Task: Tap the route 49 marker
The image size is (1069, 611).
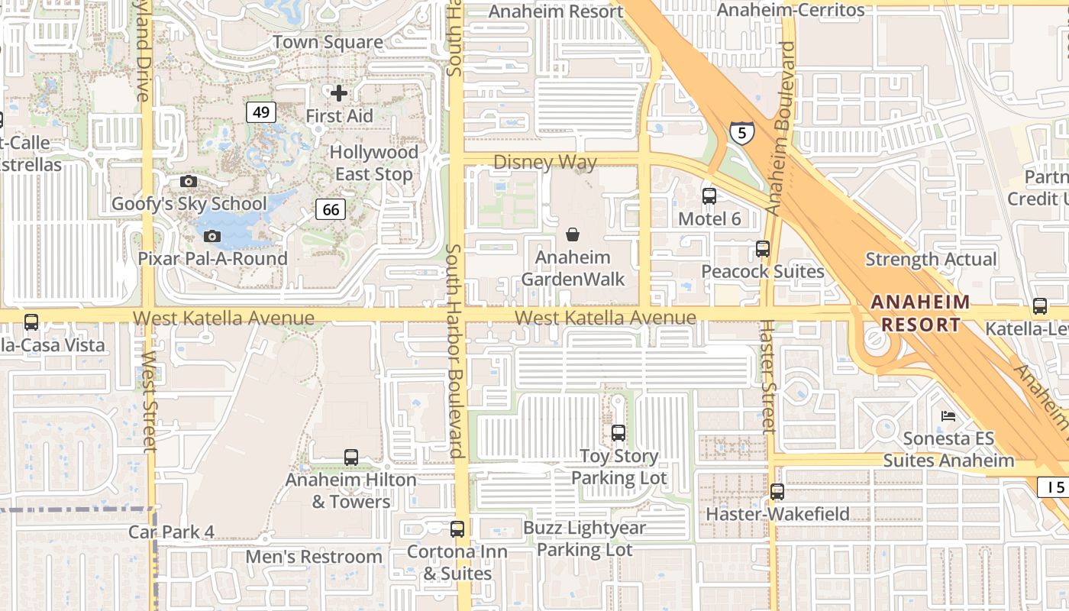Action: [x=261, y=113]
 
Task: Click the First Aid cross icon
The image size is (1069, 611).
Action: [x=339, y=93]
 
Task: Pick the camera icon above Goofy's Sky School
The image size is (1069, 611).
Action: [x=188, y=182]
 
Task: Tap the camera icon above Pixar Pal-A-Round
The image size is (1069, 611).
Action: [x=212, y=237]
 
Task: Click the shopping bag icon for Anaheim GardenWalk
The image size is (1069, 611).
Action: [x=573, y=234]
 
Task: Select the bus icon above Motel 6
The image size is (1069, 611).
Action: [x=709, y=196]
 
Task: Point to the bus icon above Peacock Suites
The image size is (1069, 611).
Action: [x=762, y=249]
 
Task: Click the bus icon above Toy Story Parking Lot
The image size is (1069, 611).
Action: [x=618, y=433]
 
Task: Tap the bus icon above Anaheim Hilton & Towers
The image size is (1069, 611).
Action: [x=351, y=457]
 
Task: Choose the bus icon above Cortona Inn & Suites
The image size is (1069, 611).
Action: [x=457, y=529]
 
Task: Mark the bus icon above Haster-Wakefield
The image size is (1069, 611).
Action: [x=777, y=492]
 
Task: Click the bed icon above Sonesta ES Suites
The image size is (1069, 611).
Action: [x=948, y=416]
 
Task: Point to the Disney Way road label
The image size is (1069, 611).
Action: [x=544, y=162]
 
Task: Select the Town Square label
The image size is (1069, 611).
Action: [x=328, y=42]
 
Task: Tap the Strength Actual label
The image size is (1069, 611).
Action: [x=931, y=260]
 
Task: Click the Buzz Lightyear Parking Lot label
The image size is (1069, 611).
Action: [x=584, y=538]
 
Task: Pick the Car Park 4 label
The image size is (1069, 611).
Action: [x=171, y=532]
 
